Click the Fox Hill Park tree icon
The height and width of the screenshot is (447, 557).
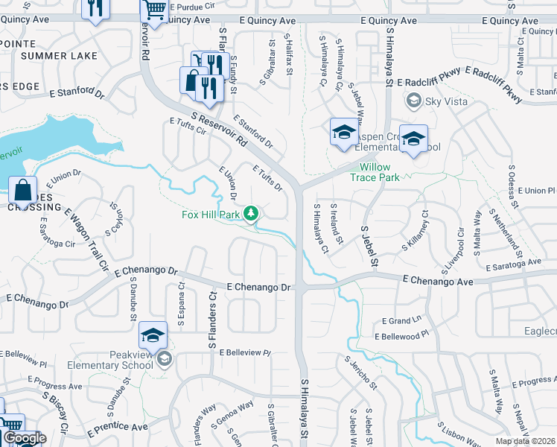252,215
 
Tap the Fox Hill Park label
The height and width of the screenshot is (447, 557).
211,215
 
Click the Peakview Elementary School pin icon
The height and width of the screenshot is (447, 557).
164,361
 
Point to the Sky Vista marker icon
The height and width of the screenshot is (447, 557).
413,99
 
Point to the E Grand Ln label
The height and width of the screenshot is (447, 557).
401,321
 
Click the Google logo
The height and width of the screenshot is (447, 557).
25,438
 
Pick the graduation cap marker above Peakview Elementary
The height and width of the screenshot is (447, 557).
153,336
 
